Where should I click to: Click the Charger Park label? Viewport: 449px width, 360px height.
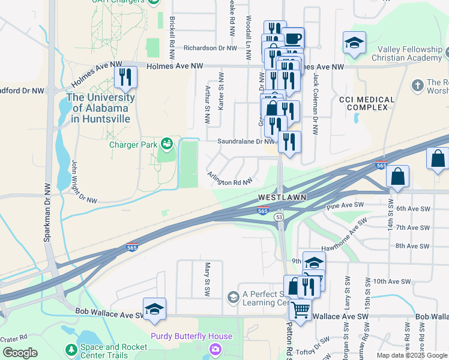133,145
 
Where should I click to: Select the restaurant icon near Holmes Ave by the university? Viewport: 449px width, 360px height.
125,77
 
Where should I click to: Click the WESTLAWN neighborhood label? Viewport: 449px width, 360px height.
283,197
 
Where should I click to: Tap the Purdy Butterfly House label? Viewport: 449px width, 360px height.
182,337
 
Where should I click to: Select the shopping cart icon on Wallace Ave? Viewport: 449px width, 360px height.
300,310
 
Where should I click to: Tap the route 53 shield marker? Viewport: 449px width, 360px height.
279,216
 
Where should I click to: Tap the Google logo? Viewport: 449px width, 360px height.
20,353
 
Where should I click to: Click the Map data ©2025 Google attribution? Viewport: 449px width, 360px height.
411,355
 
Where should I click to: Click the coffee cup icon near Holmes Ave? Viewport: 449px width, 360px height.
293,38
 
